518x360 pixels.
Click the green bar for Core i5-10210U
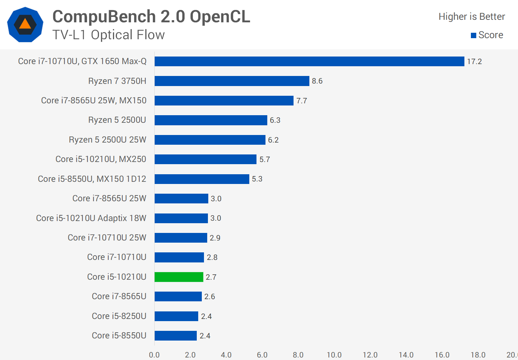coord(179,277)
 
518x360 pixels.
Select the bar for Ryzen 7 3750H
coord(232,81)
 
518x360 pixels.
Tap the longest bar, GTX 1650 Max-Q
coord(309,62)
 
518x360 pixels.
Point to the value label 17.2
coord(474,62)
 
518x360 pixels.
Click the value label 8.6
coord(317,81)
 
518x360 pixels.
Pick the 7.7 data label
coord(301,101)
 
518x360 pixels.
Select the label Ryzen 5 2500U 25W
coord(108,140)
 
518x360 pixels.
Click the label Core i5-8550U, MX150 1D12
coord(92,179)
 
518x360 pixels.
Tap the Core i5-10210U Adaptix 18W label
coord(91,218)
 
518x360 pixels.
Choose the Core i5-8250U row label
coord(119,316)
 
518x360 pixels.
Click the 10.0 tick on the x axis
coord(334,355)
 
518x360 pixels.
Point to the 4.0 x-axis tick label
coord(226,355)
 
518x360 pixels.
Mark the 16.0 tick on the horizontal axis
coord(442,355)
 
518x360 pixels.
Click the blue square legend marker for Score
coord(473,35)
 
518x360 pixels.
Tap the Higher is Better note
coord(472,17)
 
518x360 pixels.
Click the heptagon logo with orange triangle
coord(25,24)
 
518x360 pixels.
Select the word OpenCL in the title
coord(220,17)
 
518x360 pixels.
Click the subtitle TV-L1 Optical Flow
coord(108,35)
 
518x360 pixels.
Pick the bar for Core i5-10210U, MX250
coord(205,159)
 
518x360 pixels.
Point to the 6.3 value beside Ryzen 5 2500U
coord(275,120)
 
